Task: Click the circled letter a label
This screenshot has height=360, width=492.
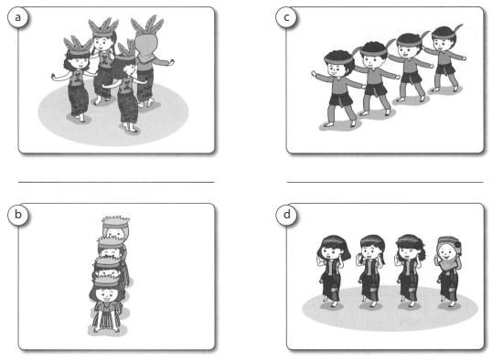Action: pyautogui.click(x=18, y=16)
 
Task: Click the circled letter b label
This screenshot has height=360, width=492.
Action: pyautogui.click(x=18, y=214)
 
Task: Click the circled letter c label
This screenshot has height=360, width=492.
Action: pyautogui.click(x=286, y=16)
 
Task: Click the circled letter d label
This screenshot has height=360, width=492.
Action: pyautogui.click(x=286, y=214)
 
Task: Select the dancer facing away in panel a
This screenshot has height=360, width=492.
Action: pyautogui.click(x=147, y=63)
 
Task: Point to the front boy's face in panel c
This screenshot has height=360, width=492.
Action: pyautogui.click(x=334, y=69)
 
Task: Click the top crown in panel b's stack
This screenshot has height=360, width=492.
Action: pyautogui.click(x=116, y=222)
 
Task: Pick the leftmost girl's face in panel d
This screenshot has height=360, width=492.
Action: pyautogui.click(x=329, y=252)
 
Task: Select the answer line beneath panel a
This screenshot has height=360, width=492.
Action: pyautogui.click(x=116, y=182)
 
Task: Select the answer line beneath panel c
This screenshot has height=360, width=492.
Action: pyautogui.click(x=385, y=182)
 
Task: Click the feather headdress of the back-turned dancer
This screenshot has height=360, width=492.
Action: pyautogui.click(x=147, y=25)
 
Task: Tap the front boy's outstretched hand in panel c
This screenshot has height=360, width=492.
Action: pyautogui.click(x=314, y=74)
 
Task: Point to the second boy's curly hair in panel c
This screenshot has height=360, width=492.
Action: pyautogui.click(x=374, y=48)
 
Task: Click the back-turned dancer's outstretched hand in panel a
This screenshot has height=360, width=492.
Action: pyautogui.click(x=171, y=62)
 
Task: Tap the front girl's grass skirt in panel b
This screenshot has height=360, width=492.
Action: pyautogui.click(x=106, y=317)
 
